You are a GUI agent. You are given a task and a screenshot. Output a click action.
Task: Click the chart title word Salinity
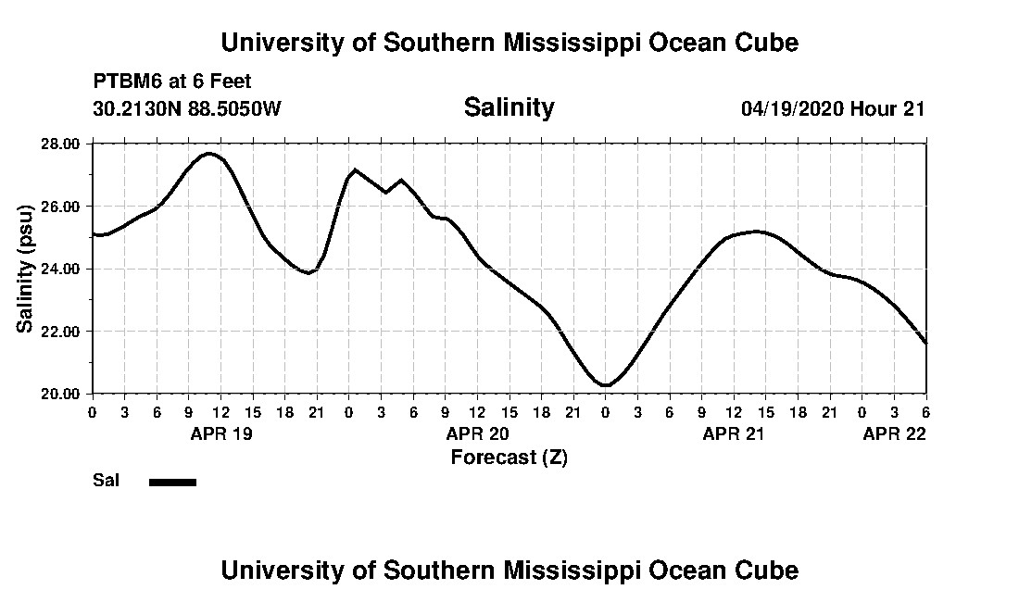(x=509, y=107)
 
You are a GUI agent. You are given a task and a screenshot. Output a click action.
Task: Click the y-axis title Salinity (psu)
(x=26, y=269)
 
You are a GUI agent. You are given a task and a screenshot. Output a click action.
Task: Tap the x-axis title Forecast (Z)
(x=509, y=457)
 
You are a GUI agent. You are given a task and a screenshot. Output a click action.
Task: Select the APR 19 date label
(x=221, y=433)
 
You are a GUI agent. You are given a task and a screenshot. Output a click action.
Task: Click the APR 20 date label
(x=477, y=433)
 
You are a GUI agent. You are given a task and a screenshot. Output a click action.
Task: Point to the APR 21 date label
(x=734, y=433)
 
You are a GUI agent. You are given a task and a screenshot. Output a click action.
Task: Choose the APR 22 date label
(x=894, y=433)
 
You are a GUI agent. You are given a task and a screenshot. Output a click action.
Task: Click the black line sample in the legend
(x=172, y=482)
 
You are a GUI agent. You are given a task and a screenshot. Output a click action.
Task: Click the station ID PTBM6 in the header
(x=124, y=82)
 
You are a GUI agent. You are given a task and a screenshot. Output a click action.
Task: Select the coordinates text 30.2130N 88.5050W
(x=186, y=108)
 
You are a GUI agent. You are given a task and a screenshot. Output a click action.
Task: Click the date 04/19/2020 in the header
(x=792, y=108)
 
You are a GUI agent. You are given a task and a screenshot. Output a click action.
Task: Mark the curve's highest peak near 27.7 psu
(x=209, y=153)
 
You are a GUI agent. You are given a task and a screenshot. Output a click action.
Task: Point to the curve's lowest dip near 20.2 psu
(x=606, y=385)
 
